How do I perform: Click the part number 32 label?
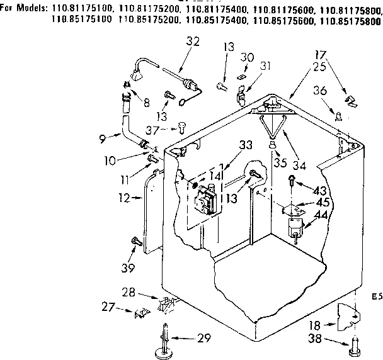pos(193,42)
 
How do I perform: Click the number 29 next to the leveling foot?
pos(203,339)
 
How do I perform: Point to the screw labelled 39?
pos(134,241)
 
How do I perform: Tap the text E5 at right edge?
pos(376,295)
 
